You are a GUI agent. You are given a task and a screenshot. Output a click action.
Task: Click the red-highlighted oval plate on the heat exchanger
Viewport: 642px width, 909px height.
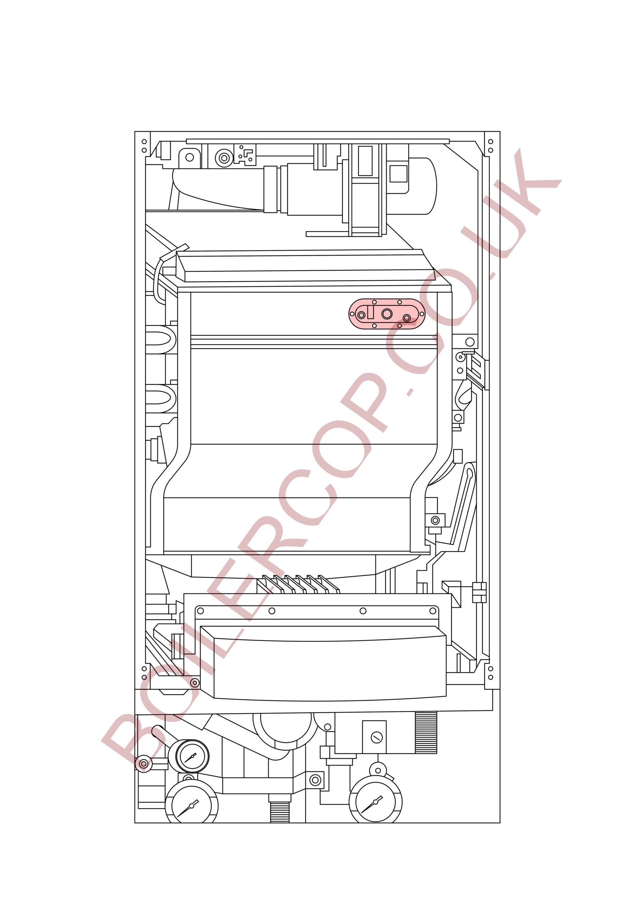click(x=386, y=314)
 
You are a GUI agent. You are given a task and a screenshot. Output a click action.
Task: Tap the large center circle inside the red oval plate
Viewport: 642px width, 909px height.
click(x=387, y=314)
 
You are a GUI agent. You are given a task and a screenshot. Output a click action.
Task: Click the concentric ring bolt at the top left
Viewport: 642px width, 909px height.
click(x=224, y=158)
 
